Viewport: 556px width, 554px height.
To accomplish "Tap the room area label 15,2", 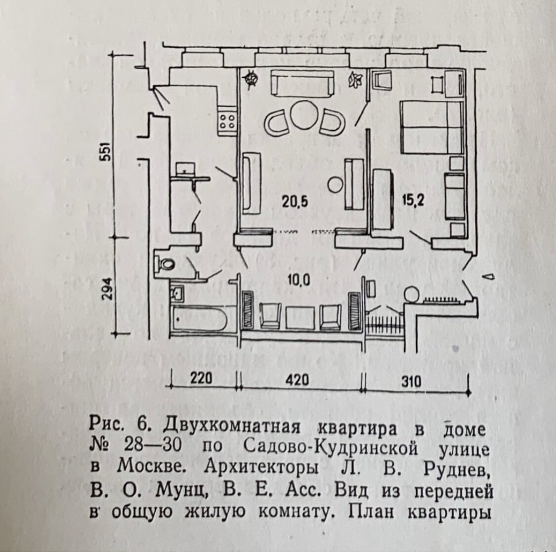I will point(413,201).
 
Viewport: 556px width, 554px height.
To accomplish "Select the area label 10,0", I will point(299,280).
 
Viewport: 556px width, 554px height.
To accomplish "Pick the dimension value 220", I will point(201,379).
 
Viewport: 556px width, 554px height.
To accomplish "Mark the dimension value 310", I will point(411,381).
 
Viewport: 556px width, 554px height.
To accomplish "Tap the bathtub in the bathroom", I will point(199,319).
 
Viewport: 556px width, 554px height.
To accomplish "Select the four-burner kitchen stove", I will point(227,122).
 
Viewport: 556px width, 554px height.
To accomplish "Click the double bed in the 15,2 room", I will point(431,128).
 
